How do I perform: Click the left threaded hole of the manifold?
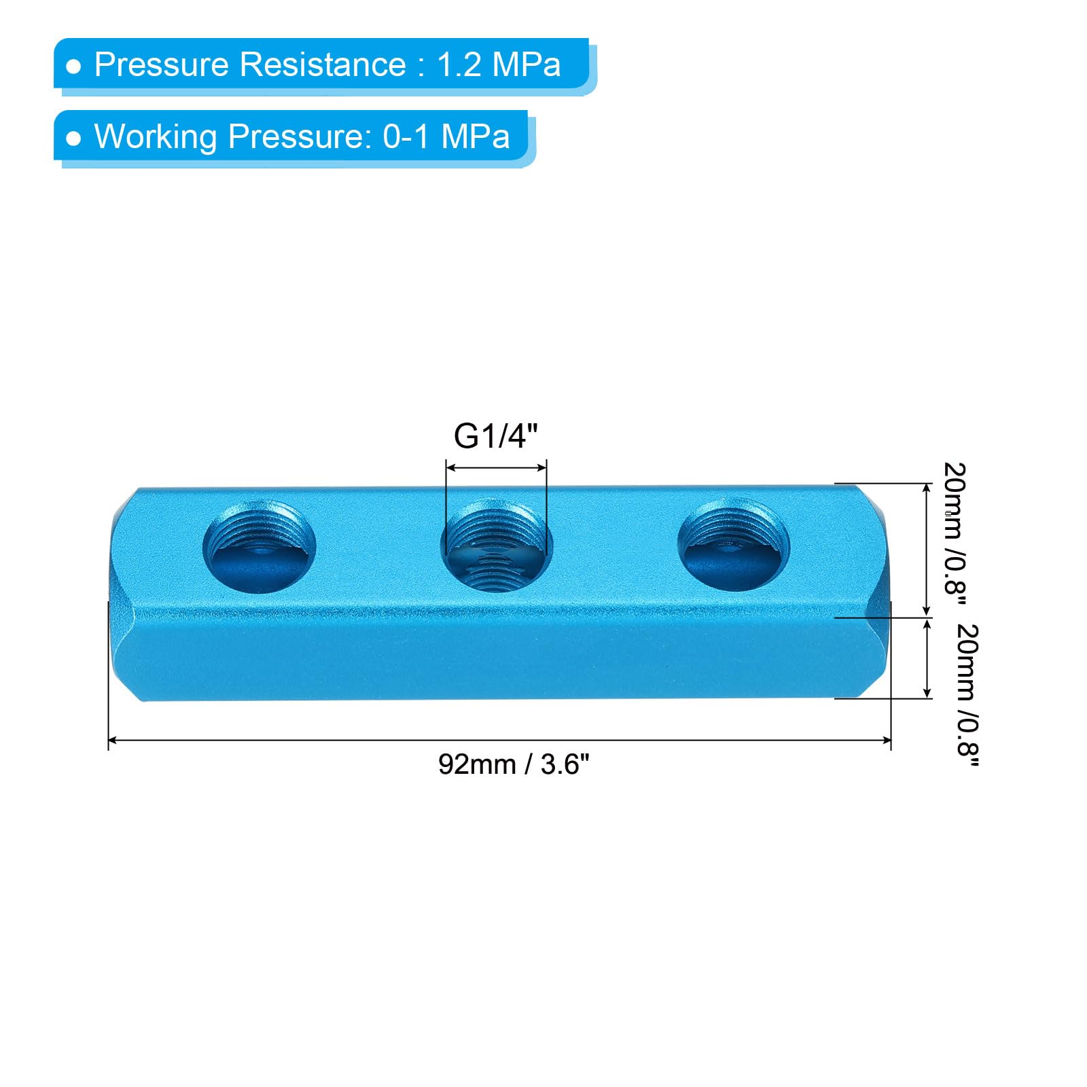(x=259, y=546)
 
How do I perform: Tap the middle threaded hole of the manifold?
(x=497, y=546)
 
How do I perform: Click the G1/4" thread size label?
(x=496, y=436)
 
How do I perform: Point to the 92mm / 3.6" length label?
(x=514, y=765)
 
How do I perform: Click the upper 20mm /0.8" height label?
(x=955, y=529)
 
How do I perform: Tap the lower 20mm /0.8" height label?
(x=967, y=696)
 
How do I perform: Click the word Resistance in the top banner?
(x=323, y=65)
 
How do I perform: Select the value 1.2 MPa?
(x=499, y=65)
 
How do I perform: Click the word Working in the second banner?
(x=155, y=137)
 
